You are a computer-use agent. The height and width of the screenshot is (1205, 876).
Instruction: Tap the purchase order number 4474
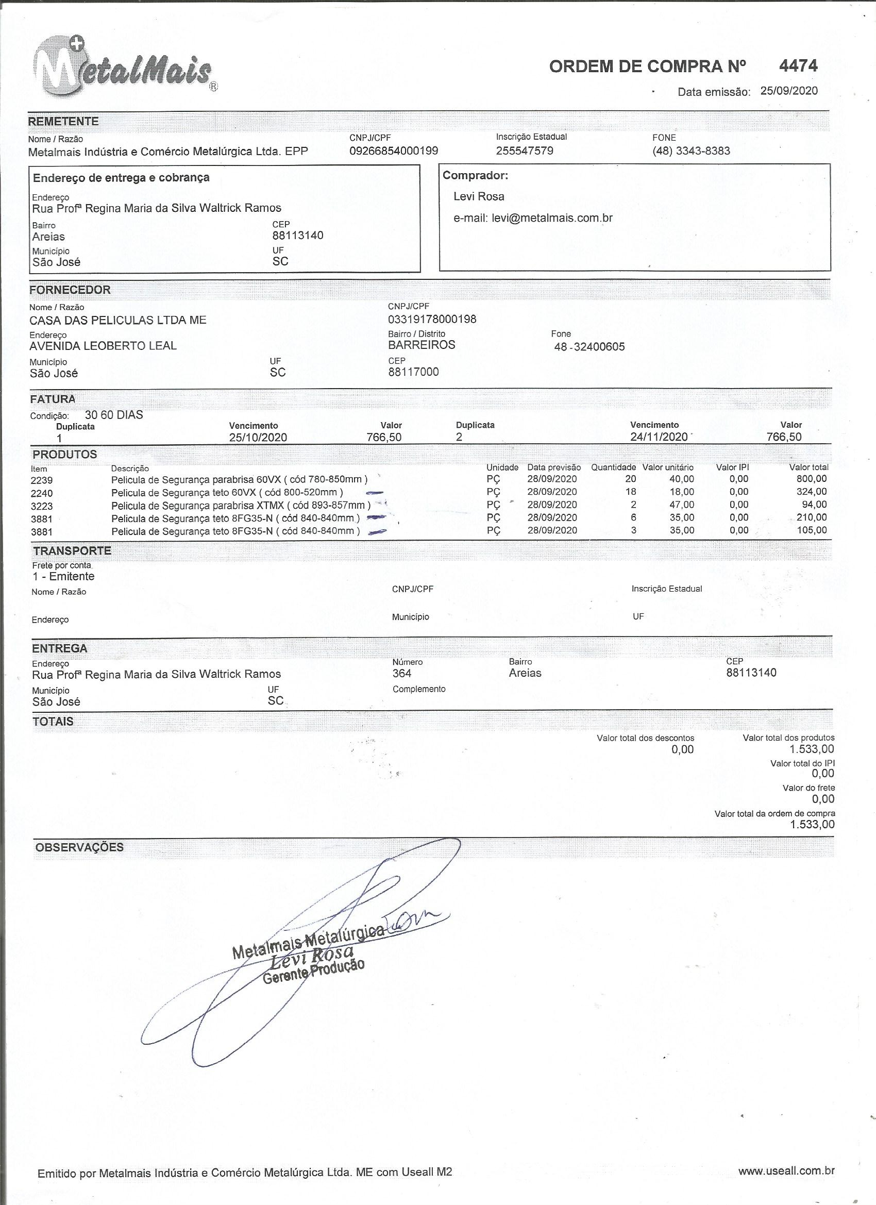798,66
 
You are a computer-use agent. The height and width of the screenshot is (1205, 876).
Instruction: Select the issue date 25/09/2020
789,90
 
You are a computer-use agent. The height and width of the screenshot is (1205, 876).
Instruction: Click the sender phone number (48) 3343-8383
691,151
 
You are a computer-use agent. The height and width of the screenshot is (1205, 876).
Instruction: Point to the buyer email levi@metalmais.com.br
552,218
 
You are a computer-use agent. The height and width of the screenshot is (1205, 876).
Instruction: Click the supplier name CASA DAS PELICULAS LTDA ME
118,321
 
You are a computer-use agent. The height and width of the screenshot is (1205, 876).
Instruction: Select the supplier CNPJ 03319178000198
432,320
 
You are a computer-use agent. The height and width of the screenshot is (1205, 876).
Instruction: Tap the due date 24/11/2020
659,437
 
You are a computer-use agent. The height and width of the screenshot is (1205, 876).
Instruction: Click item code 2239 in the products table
42,480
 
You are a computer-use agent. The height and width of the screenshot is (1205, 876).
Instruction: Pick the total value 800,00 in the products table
811,479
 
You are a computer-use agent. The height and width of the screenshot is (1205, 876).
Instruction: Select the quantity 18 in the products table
631,492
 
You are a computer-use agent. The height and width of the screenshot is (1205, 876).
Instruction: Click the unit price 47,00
682,505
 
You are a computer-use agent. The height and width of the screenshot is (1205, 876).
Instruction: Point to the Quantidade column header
613,467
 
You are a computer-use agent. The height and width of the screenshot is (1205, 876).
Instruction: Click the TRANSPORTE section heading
72,551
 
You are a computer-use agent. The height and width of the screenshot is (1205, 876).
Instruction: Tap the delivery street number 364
402,674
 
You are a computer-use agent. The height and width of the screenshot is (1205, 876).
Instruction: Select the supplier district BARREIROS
422,345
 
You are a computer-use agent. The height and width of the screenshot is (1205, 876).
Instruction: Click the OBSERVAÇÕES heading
80,847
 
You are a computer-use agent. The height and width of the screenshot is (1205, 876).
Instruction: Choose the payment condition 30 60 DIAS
114,415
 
